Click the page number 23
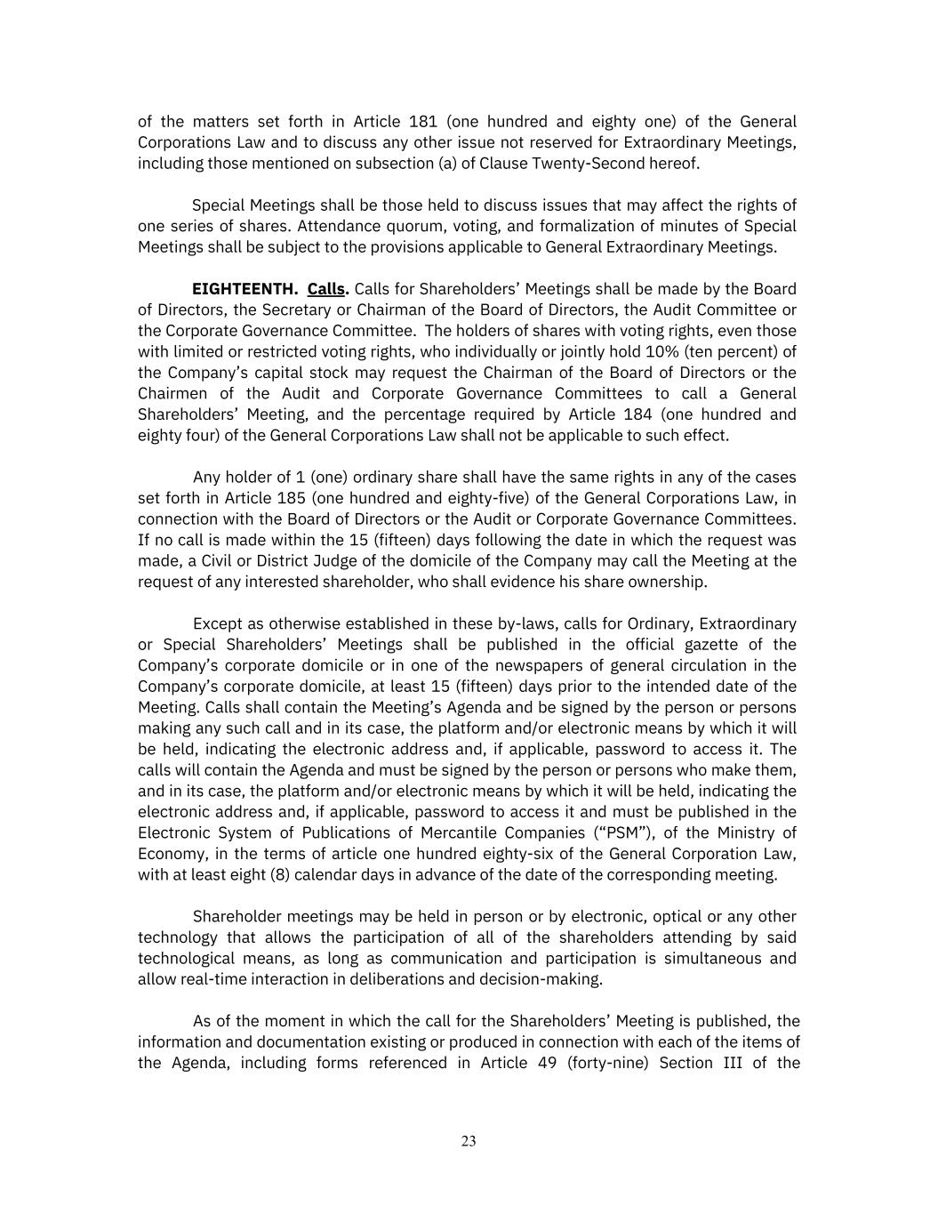469,1141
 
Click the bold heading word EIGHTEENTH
245,289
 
